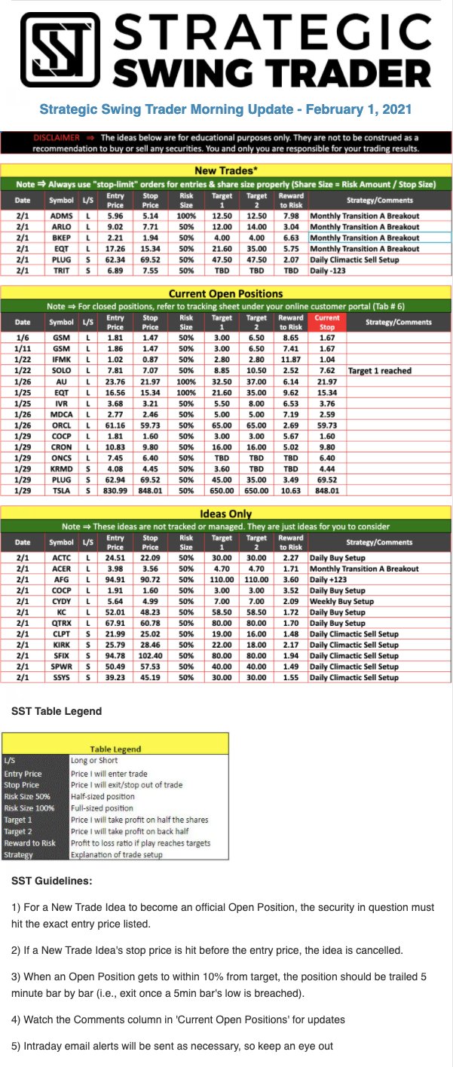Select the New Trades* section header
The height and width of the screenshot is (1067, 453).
pyautogui.click(x=226, y=170)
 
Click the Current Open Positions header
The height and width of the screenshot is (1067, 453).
pyautogui.click(x=226, y=293)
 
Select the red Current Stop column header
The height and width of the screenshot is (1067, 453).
pyautogui.click(x=327, y=322)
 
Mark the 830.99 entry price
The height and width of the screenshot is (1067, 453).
pyautogui.click(x=115, y=490)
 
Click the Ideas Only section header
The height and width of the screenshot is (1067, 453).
pyautogui.click(x=226, y=514)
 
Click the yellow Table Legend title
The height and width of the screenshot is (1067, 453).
pyautogui.click(x=115, y=749)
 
